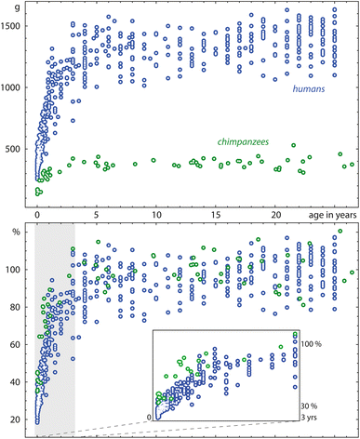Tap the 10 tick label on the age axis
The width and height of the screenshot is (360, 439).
(155, 214)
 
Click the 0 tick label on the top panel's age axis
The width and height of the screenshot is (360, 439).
(36, 214)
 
